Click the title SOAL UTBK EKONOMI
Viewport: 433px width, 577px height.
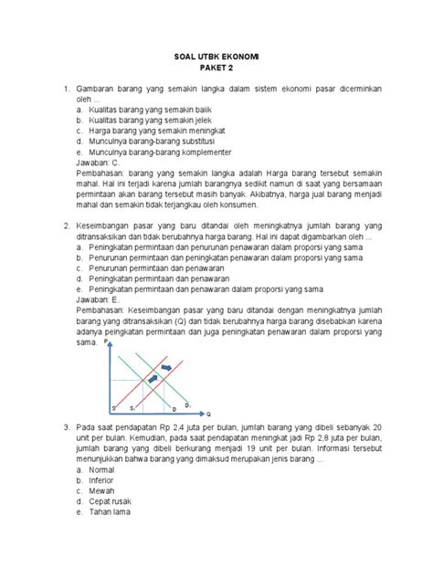tap(216, 57)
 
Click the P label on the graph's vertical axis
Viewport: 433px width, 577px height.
tap(107, 341)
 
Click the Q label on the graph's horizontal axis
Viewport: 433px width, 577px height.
tap(208, 413)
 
